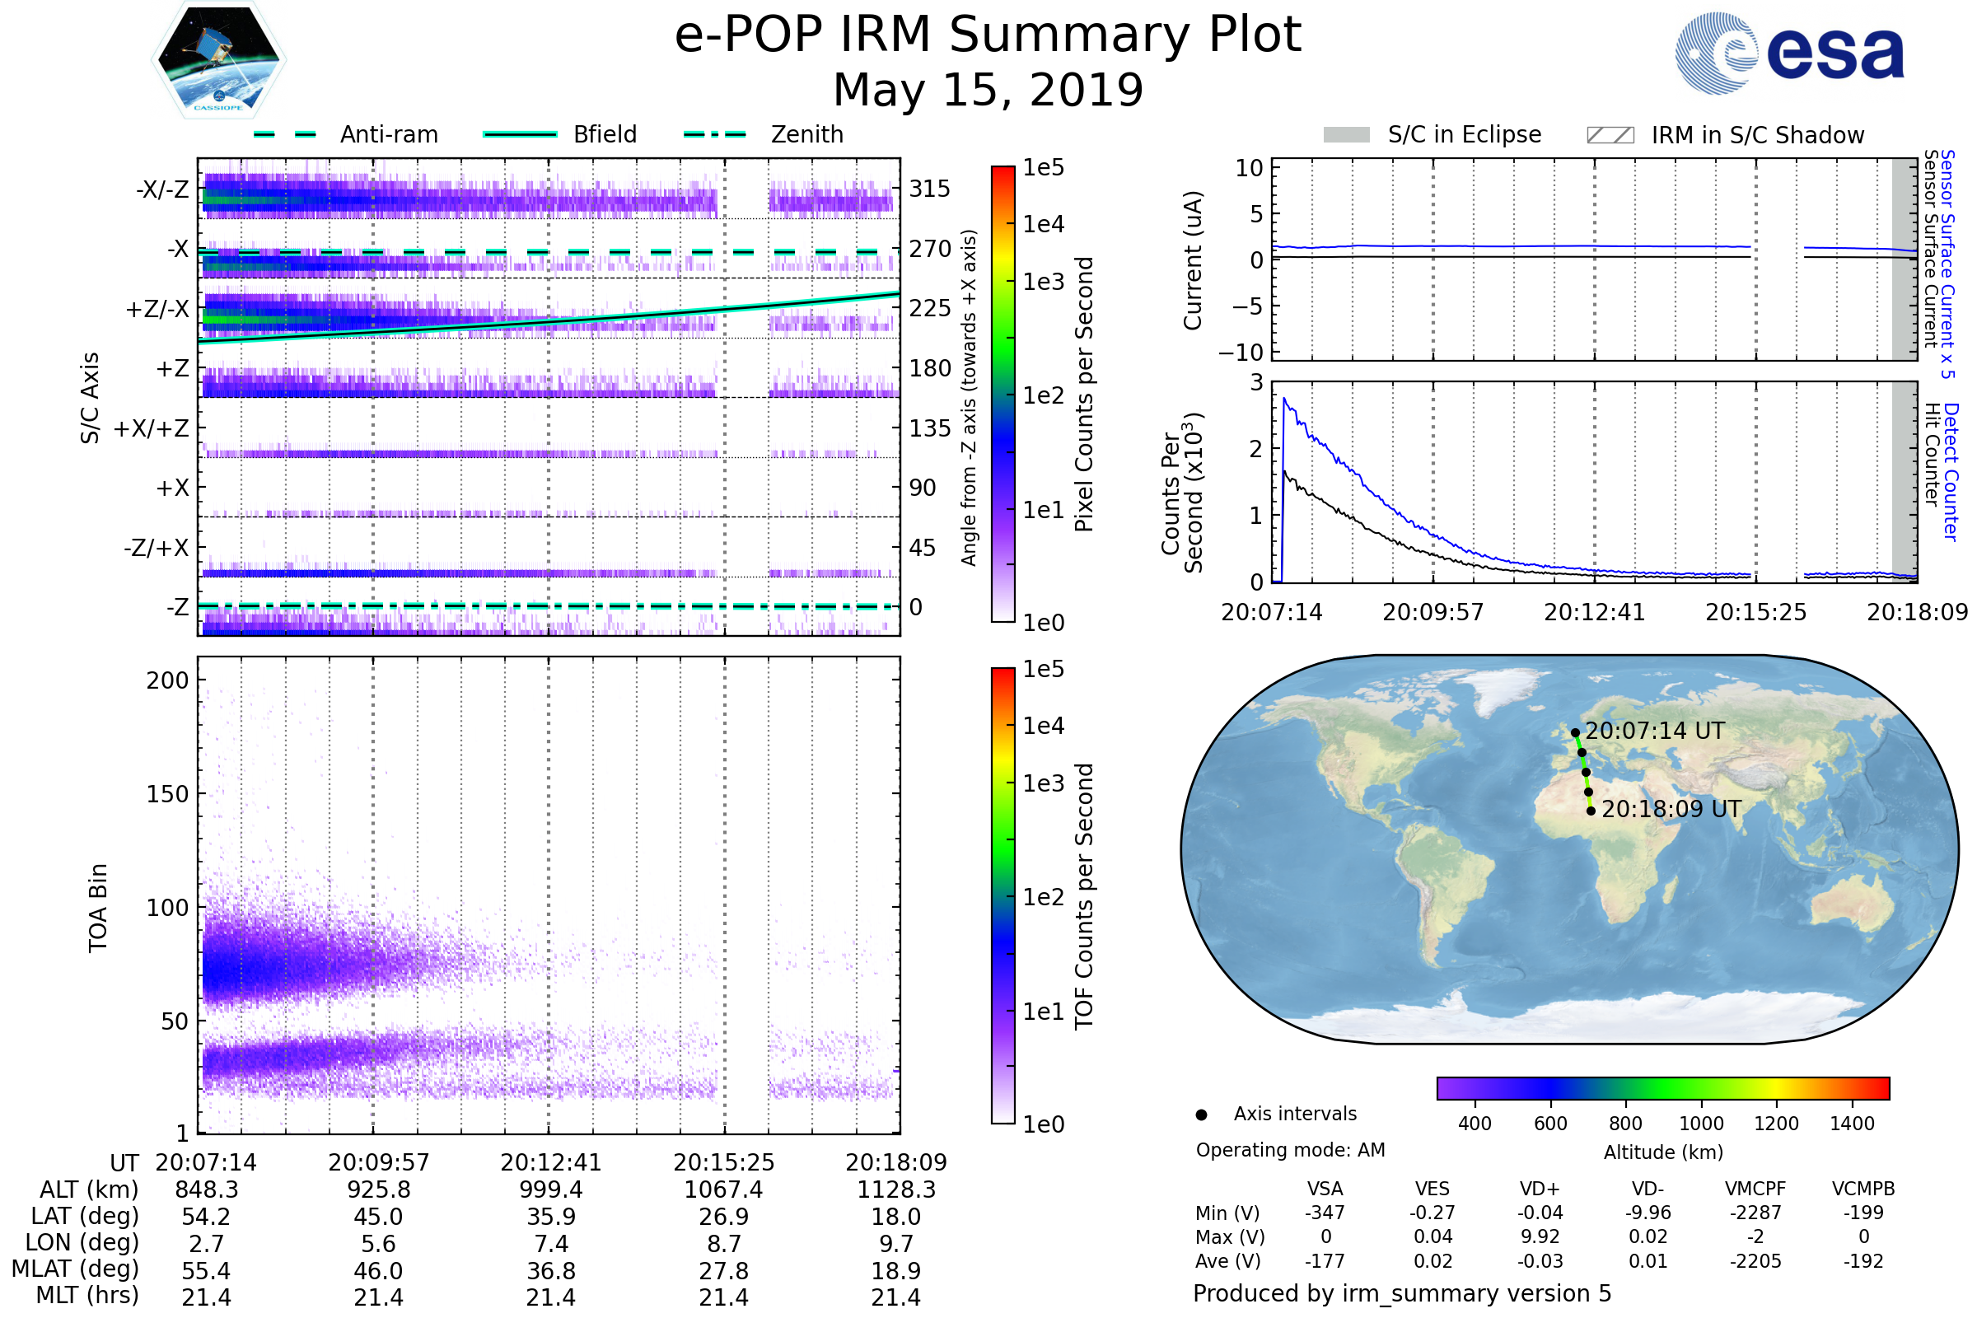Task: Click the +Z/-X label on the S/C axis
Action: (x=157, y=310)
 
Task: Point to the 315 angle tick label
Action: (x=929, y=189)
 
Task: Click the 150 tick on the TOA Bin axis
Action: (x=167, y=794)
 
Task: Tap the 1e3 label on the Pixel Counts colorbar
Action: (x=1043, y=282)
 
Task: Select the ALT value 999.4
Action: (x=550, y=1189)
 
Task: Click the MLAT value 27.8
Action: (x=724, y=1271)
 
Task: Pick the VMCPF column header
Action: (x=1755, y=1189)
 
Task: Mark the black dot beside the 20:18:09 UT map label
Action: (x=1591, y=811)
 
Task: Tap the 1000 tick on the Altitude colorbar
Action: (x=1700, y=1124)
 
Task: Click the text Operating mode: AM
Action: (x=1290, y=1150)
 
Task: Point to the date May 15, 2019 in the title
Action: (x=988, y=90)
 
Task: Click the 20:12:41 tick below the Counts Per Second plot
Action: (x=1594, y=612)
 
